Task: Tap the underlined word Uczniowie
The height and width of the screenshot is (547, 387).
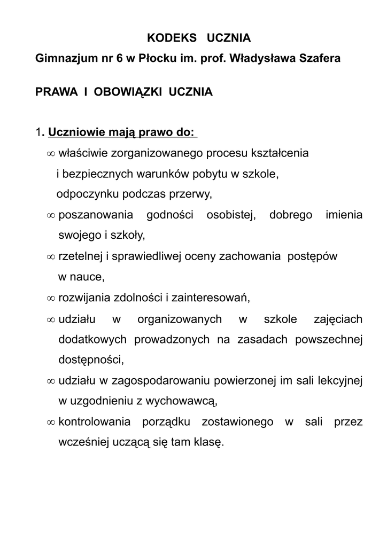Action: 78,132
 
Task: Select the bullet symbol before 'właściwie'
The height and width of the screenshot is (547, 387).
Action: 51,153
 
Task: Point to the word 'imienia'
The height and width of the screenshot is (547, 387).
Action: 344,215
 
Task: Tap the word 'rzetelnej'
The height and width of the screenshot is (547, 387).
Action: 80,256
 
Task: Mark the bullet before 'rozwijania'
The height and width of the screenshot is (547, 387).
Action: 51,298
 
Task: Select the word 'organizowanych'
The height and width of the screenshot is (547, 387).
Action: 180,319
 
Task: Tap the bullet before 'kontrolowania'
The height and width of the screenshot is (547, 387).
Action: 51,423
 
